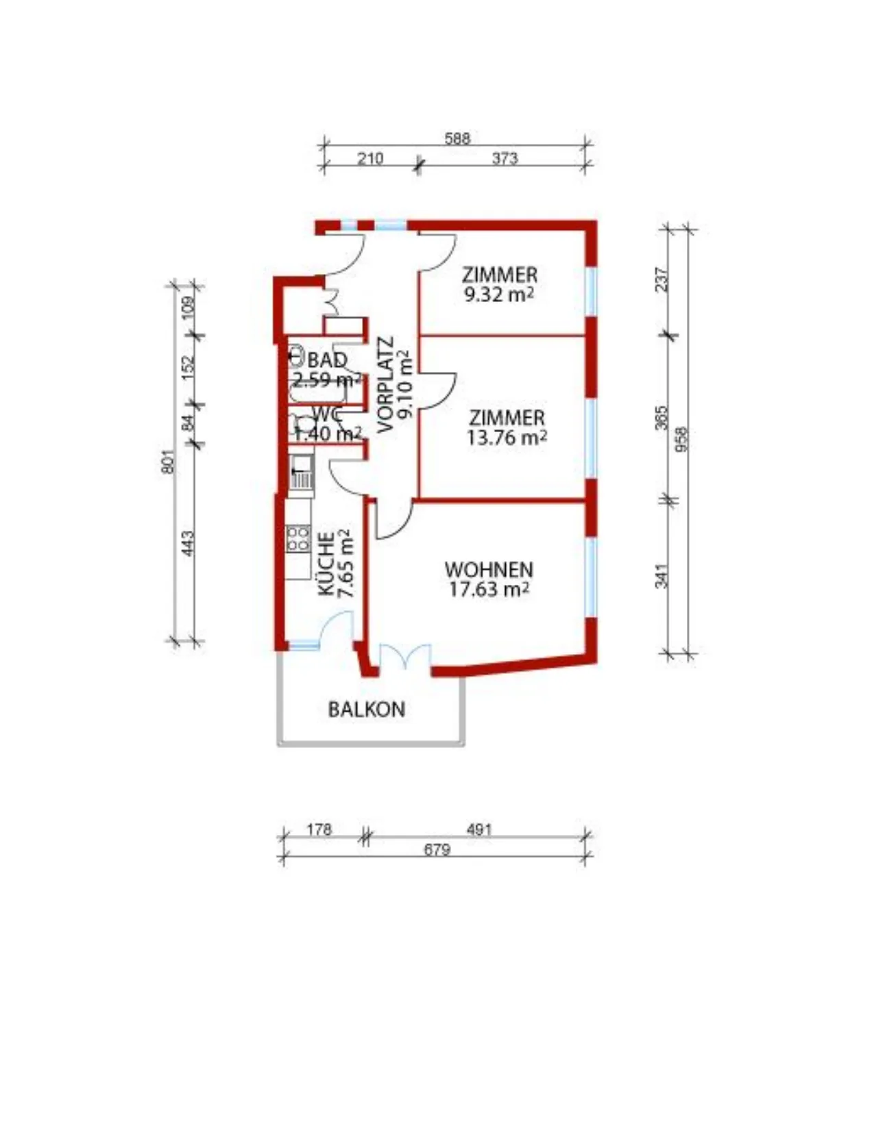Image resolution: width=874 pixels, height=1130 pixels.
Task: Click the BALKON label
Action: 367,710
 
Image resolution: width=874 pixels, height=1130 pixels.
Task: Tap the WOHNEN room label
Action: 489,569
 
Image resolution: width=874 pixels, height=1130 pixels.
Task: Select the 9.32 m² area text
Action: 499,295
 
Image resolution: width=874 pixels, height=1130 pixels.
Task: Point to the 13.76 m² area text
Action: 507,438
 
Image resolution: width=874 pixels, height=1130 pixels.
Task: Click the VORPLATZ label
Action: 386,385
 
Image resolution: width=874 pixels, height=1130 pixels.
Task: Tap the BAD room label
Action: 327,360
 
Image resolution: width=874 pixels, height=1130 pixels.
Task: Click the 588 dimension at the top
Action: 457,138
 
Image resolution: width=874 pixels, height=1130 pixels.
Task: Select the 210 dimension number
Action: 370,158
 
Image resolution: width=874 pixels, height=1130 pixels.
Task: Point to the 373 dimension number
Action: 505,158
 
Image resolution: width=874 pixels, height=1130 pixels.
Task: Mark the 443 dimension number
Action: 189,543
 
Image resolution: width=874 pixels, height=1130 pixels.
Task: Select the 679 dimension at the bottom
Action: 436,850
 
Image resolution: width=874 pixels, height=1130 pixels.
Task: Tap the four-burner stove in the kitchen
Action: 298,539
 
